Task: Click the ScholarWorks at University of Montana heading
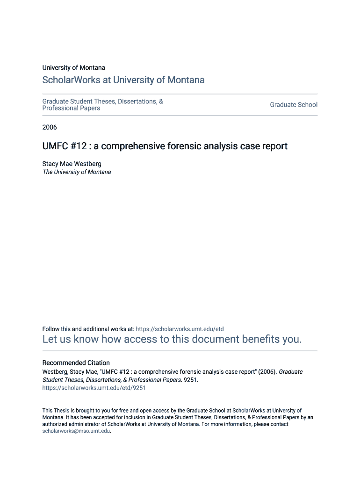point(123,80)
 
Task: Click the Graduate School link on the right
point(294,105)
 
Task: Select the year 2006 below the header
point(50,127)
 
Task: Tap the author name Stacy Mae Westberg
point(72,164)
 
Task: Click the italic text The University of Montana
point(77,172)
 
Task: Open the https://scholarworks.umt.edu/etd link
point(180,329)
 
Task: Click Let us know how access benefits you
point(172,340)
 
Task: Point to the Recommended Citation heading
point(76,363)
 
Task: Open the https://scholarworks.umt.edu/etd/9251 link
point(94,388)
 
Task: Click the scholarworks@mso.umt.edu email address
point(76,431)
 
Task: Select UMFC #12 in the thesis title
point(65,146)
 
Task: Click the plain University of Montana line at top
point(74,68)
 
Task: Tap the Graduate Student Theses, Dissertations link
point(102,101)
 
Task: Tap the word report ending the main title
point(274,146)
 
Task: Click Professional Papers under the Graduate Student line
point(71,109)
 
